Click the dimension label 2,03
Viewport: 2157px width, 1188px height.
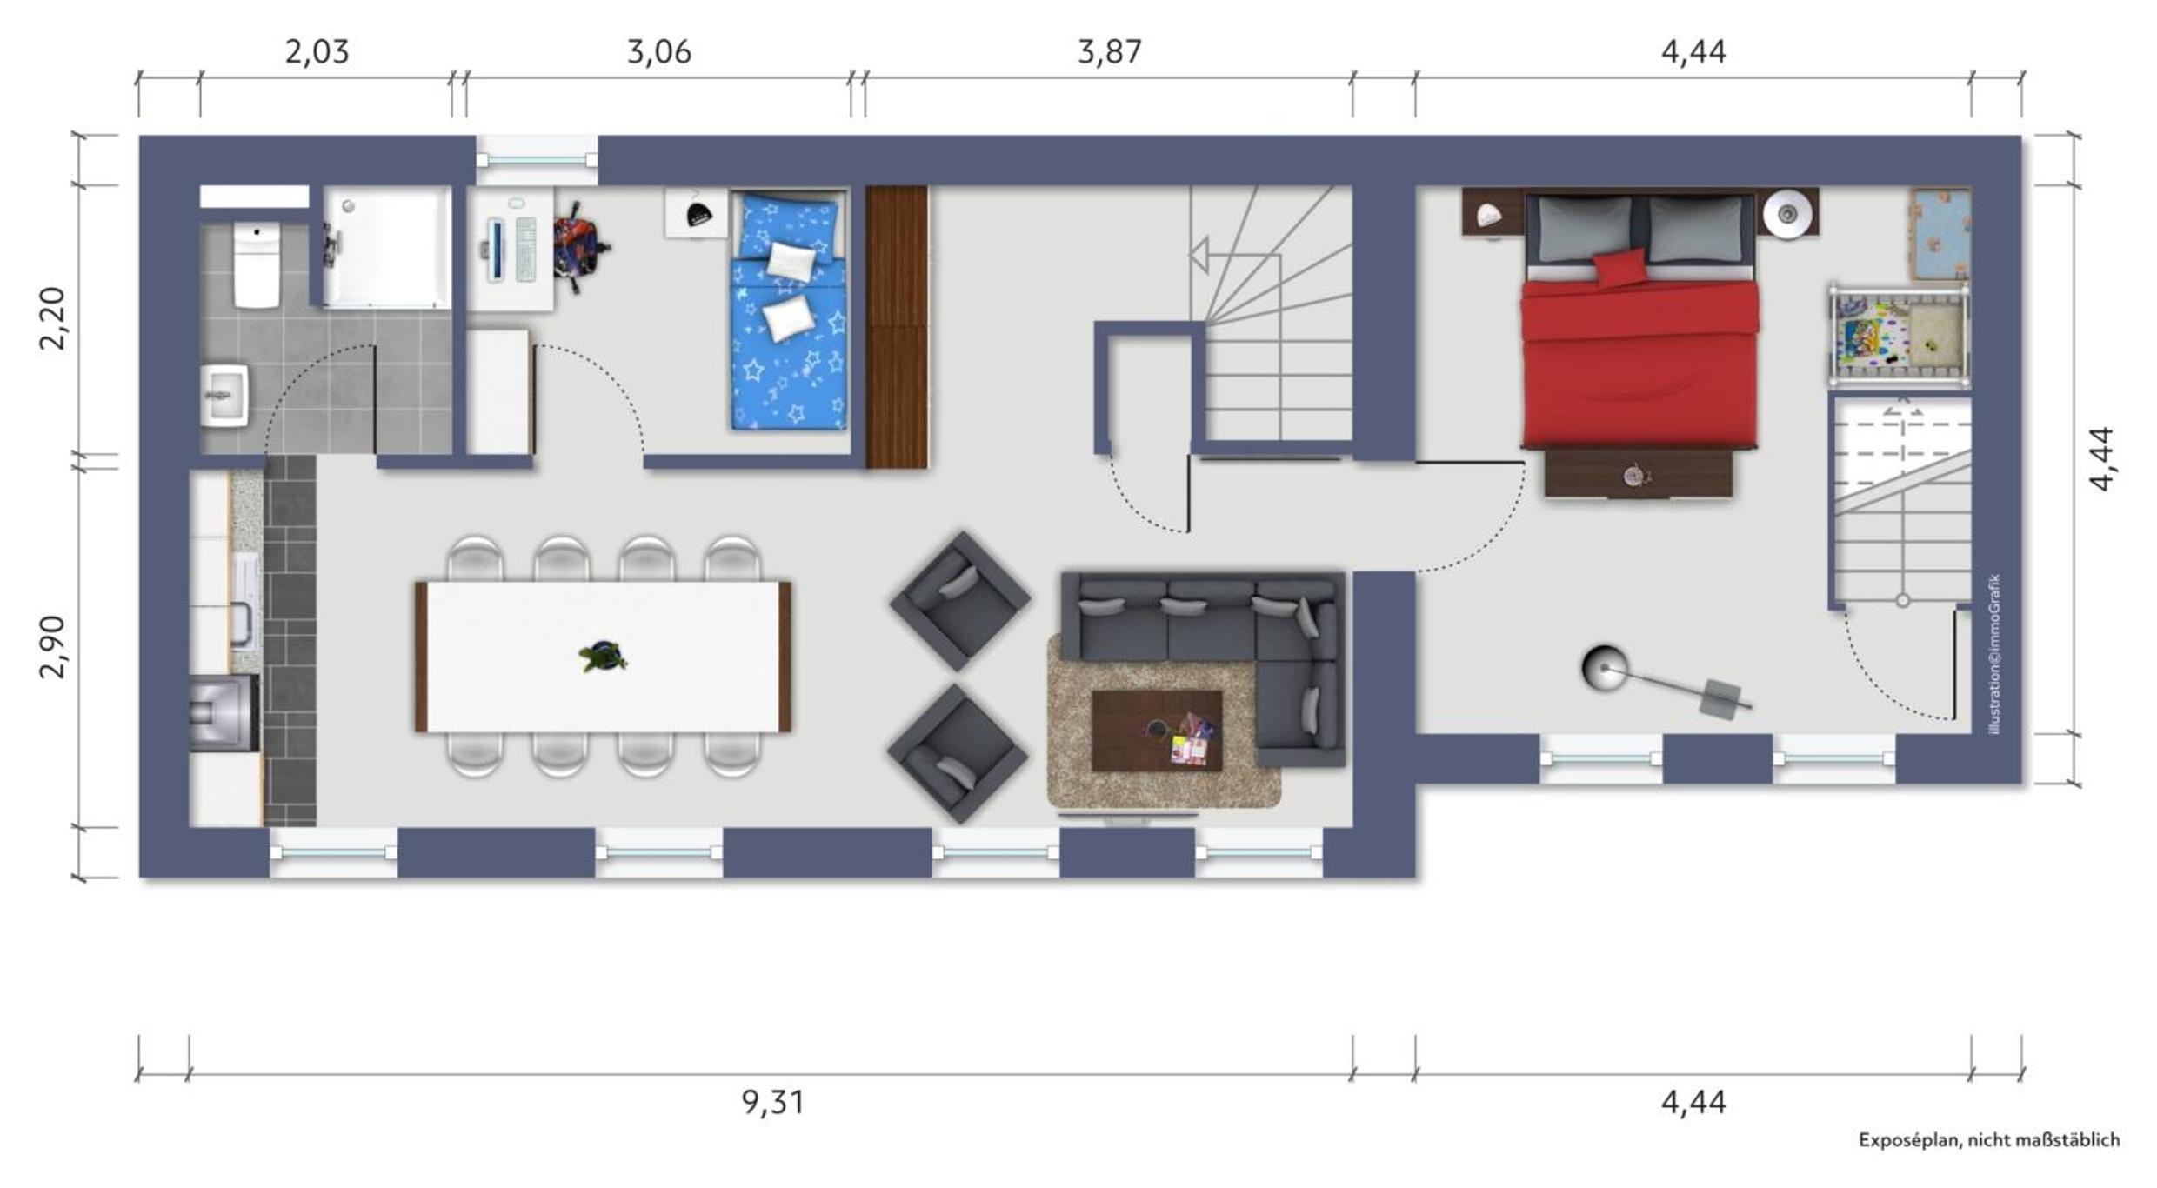tap(317, 52)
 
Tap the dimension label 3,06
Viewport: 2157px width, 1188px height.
tap(659, 52)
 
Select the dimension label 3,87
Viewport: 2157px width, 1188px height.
tap(1110, 52)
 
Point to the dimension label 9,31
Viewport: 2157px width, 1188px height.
tap(773, 1103)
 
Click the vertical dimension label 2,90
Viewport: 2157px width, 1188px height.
tap(52, 645)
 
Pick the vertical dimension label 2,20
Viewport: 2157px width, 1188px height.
tap(52, 317)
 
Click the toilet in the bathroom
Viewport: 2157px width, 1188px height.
tap(257, 264)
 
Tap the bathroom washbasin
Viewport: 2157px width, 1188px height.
tap(224, 396)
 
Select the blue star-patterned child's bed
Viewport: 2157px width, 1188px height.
tap(788, 311)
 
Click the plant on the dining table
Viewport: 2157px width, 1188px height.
tap(603, 657)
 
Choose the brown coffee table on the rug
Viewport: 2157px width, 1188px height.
tap(1157, 731)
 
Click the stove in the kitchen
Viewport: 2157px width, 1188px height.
tap(224, 712)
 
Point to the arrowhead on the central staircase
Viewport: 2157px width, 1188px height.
tap(1199, 256)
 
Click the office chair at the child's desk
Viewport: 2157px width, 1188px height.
tap(580, 246)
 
